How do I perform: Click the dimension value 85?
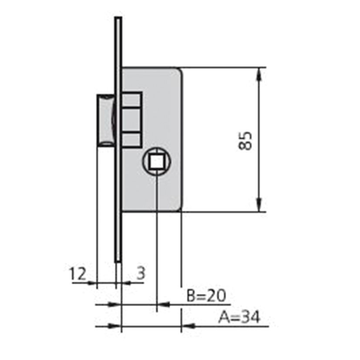245,141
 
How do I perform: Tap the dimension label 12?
78,274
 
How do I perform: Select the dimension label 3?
141,273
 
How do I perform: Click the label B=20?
206,296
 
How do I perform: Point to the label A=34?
239,317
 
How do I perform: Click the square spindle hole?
157,161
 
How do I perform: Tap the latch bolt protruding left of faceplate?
105,120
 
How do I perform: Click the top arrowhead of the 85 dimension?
259,74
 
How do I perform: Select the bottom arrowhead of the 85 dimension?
259,205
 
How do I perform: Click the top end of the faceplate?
118,17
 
